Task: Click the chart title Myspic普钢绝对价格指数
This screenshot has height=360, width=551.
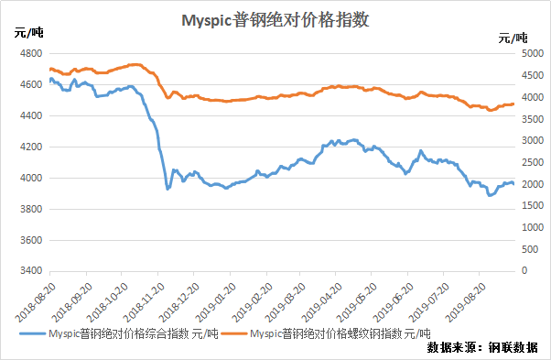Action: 275,20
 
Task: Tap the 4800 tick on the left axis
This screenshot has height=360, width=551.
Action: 31,53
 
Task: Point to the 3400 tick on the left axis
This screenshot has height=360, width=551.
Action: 31,271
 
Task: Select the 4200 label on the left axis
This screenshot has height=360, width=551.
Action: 31,147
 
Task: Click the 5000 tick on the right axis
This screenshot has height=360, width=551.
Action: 533,53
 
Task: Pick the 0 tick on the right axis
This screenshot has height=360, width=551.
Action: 524,270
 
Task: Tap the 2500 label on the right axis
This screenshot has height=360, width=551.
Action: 533,162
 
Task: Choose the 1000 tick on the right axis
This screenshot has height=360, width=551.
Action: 533,227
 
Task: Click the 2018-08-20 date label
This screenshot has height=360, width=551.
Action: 36,302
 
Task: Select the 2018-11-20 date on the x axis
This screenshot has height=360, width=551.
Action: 144,302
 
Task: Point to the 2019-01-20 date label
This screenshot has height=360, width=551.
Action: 216,302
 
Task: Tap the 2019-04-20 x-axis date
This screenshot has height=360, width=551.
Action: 322,302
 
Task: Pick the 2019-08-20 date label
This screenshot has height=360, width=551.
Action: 466,302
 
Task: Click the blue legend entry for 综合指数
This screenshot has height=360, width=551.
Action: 119,333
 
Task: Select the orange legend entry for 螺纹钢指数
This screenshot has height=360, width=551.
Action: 326,333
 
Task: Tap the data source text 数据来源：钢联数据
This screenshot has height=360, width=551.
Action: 482,347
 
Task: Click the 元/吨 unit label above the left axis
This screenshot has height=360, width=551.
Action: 28,33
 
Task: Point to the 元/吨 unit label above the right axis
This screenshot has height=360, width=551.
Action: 513,38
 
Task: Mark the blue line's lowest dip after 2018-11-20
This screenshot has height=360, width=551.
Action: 168,189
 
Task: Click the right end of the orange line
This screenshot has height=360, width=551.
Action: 513,104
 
